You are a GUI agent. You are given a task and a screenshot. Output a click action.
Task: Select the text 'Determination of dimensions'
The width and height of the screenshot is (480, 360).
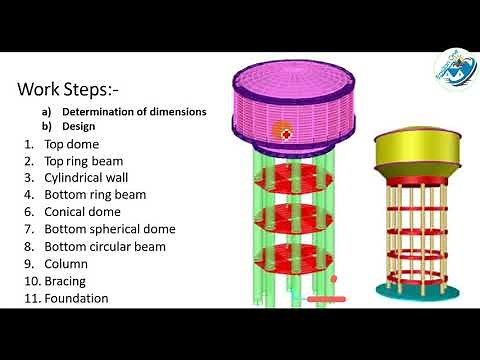[134, 112]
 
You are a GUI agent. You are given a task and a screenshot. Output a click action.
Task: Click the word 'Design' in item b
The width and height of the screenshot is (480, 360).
[78, 127]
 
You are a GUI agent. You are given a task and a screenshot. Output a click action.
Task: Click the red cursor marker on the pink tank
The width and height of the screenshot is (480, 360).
[284, 132]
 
